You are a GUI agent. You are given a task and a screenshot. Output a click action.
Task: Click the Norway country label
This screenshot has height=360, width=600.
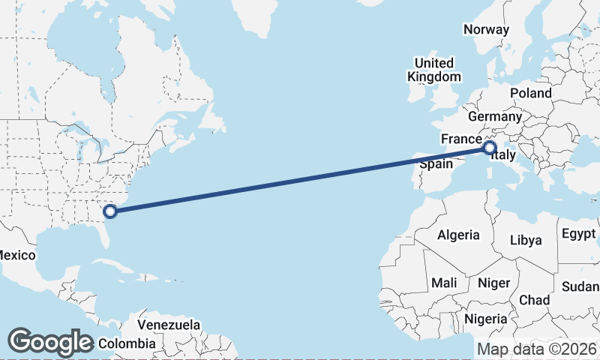tap(486, 29)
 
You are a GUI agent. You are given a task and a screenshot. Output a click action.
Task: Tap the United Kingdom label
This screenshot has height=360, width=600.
tap(433, 70)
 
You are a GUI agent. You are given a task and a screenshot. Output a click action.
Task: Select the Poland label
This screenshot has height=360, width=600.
tap(530, 93)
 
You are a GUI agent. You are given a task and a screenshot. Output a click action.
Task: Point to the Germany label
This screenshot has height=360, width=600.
tap(494, 117)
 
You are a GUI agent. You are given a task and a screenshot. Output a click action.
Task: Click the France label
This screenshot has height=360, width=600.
tap(460, 139)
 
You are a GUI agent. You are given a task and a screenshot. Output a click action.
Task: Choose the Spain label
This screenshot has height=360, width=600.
tap(435, 164)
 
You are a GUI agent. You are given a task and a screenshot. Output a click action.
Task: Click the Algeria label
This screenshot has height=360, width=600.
tap(458, 235)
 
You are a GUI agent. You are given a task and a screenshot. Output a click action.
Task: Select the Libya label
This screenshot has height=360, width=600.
tap(525, 240)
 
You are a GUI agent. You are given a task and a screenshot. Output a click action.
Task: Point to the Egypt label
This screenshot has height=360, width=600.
tap(577, 233)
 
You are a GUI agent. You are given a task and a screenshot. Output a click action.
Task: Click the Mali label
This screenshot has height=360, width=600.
tap(443, 283)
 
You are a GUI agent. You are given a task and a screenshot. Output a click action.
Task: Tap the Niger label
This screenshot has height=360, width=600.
tap(493, 283)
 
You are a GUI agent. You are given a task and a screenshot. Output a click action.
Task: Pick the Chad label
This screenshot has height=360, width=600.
tap(534, 300)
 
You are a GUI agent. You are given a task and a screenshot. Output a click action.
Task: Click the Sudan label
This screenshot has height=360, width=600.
tap(580, 287)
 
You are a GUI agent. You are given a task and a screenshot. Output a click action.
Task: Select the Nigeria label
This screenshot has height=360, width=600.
tap(486, 319)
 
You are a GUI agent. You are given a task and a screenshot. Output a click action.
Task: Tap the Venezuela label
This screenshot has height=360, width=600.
tap(169, 325)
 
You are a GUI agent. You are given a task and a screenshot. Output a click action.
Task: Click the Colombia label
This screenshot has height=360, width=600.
tap(127, 344)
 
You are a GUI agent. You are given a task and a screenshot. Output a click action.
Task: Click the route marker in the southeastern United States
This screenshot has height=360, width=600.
tap(110, 211)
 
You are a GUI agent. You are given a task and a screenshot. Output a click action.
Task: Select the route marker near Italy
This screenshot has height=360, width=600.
tap(489, 148)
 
